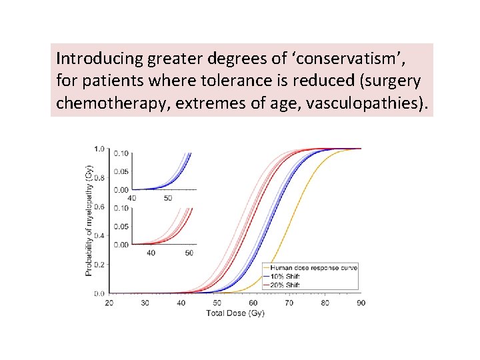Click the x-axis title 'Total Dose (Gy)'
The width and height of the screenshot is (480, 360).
click(235, 313)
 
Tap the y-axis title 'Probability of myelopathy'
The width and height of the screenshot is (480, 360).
click(89, 221)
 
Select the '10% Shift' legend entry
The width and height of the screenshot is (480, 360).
click(285, 277)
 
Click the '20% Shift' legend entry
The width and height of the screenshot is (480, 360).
click(285, 285)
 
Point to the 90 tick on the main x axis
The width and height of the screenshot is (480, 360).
click(361, 303)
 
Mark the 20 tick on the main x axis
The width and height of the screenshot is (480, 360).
click(109, 303)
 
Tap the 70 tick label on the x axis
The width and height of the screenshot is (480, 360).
click(289, 303)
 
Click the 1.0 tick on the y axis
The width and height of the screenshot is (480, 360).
click(99, 148)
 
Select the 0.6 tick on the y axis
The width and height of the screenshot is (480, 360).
click(99, 207)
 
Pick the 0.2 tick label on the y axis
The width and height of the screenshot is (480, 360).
click(99, 265)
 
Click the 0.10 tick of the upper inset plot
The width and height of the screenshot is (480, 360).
click(121, 153)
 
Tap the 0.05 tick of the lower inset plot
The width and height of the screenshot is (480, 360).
click(121, 227)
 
